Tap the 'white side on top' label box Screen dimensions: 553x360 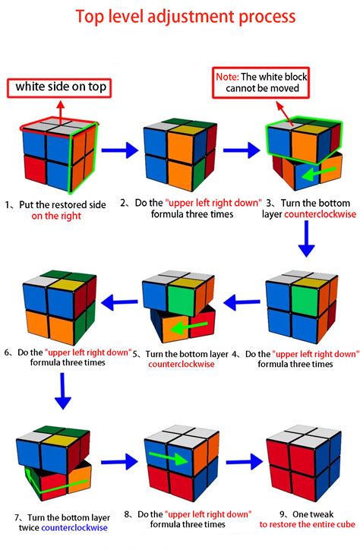tap(58, 87)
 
